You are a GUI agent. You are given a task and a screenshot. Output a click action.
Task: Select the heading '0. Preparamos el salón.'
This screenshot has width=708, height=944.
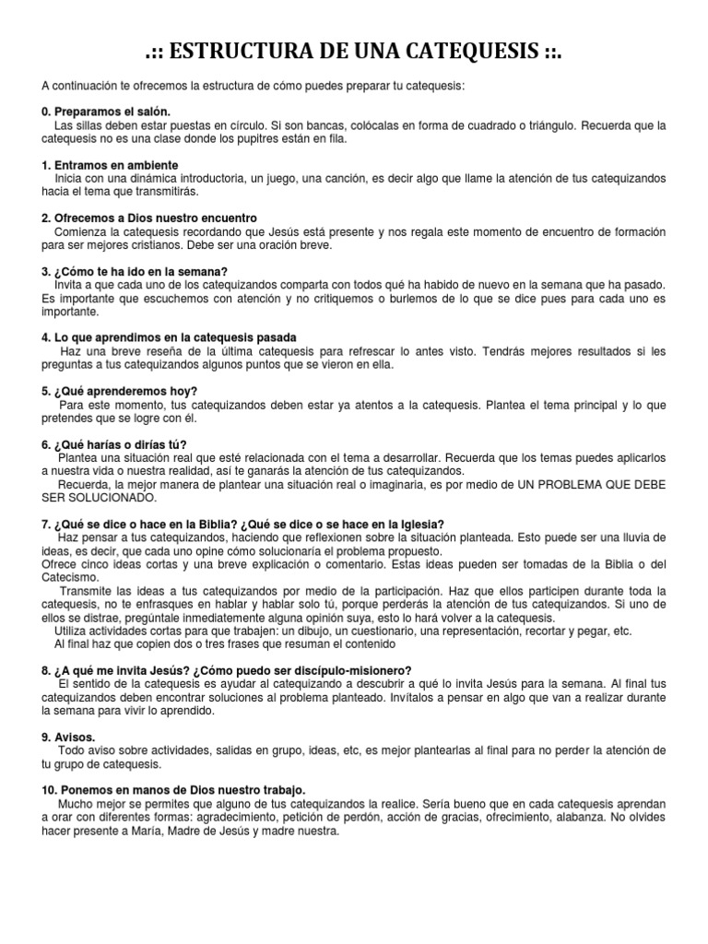point(106,112)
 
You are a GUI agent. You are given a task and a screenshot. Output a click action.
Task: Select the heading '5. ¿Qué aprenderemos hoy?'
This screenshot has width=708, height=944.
point(120,391)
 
